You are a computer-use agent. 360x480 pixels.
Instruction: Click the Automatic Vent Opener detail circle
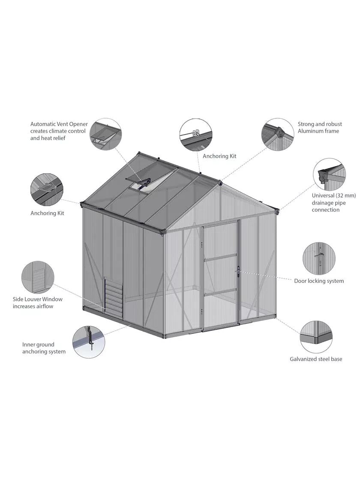106,134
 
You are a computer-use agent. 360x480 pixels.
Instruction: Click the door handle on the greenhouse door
237,271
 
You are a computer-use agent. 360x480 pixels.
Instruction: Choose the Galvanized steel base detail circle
316,336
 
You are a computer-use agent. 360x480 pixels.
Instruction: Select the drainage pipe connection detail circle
329,175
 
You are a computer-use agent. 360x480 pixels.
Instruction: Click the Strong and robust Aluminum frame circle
277,134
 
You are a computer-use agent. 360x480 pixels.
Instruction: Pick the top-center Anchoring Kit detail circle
195,135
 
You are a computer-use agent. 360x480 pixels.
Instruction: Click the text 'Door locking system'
319,281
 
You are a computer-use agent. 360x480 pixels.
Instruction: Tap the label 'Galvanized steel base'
316,359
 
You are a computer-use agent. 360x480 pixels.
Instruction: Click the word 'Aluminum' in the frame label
312,131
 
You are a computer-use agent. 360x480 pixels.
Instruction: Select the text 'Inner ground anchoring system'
44,348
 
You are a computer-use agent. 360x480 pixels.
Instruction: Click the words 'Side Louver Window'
38,299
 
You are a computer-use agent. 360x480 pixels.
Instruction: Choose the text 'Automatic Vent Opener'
59,124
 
